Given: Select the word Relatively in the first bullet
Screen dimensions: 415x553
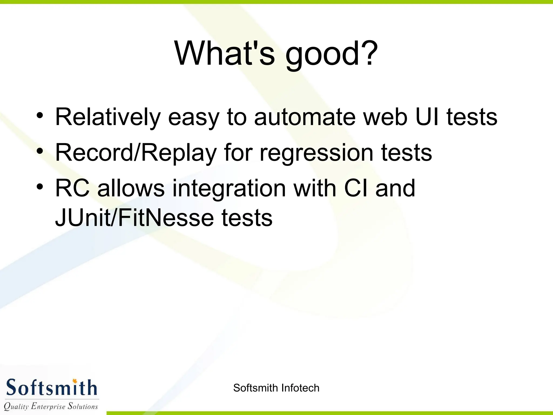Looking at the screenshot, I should (108, 117).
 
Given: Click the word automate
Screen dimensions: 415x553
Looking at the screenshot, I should (305, 117).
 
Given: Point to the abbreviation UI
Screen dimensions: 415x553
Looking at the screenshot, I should (427, 117).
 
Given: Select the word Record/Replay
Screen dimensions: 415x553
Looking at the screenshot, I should (136, 153).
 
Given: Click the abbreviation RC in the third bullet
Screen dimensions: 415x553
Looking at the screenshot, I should (72, 188).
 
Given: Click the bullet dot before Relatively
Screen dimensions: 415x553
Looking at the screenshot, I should (40, 116).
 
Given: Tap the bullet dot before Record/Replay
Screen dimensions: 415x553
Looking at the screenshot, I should (40, 151).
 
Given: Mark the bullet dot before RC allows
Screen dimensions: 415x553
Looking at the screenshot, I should (40, 187).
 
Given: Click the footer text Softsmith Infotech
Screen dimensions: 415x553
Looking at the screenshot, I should (276, 388).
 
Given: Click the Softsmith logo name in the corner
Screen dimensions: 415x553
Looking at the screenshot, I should (51, 388).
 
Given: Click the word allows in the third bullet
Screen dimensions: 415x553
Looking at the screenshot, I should (131, 188).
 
